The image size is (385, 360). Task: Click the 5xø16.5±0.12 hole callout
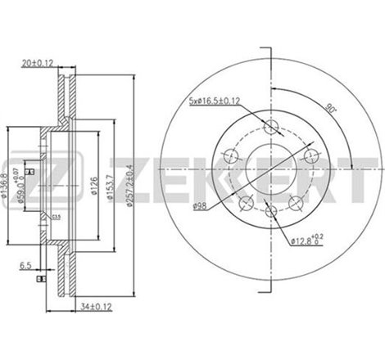point(215,101)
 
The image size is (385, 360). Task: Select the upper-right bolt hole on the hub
point(310,156)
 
